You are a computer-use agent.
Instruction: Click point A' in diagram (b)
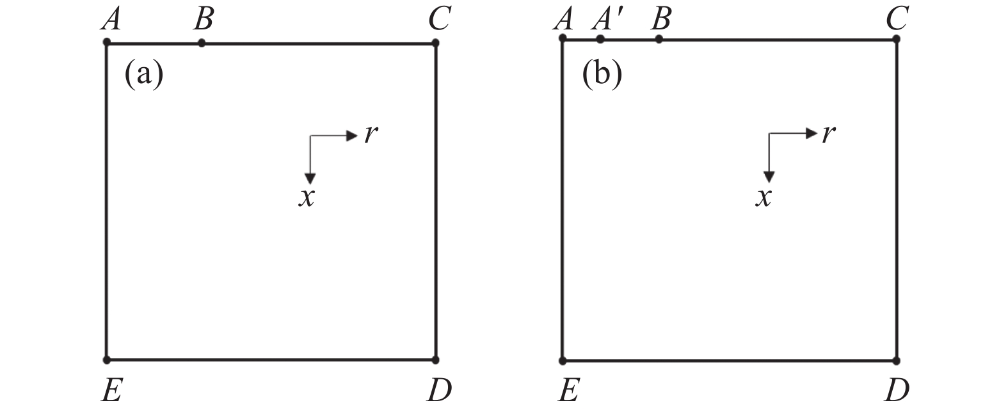pos(600,39)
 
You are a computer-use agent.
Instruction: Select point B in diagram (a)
pos(202,43)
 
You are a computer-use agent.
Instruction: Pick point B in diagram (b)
pos(659,39)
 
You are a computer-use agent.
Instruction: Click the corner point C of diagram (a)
pos(435,43)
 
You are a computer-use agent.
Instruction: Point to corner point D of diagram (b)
pos(896,360)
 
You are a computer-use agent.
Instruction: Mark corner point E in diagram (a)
pos(107,360)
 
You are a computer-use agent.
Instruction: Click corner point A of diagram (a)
pos(107,43)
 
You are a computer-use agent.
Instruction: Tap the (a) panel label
pos(143,75)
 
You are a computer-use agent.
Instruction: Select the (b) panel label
pos(602,75)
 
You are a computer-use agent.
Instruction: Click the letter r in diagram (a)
pos(369,135)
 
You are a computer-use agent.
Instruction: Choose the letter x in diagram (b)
pos(763,198)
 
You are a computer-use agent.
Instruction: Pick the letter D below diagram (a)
pos(439,390)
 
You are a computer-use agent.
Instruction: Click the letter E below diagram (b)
pos(567,390)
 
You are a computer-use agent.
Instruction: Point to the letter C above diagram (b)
pos(896,20)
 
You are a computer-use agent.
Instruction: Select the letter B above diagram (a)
pos(203,20)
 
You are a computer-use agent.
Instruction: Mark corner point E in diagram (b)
pos(563,360)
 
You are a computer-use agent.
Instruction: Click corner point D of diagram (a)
pos(435,360)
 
